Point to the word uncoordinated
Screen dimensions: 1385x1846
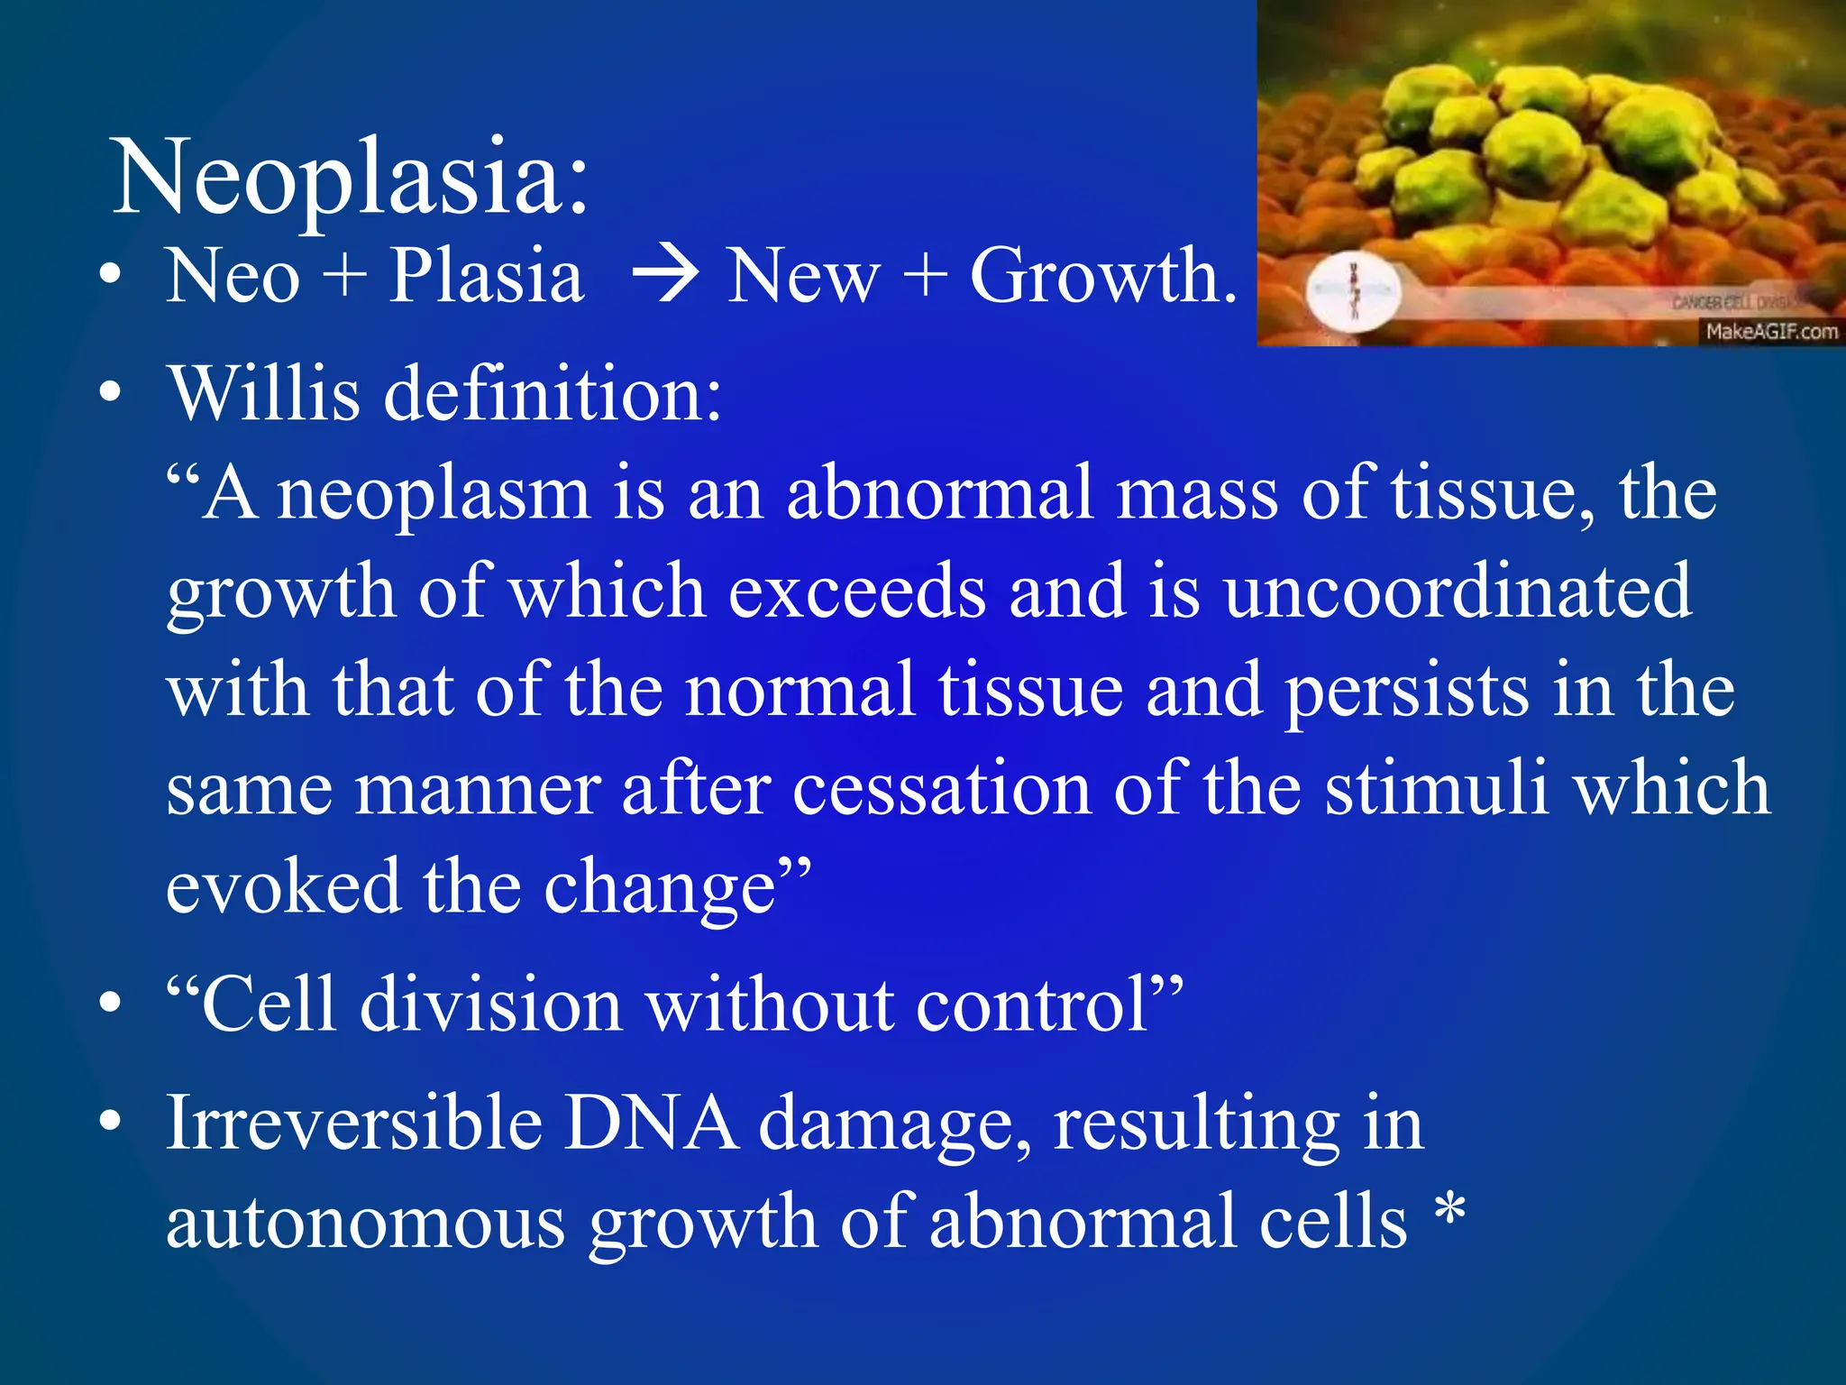pyautogui.click(x=1457, y=592)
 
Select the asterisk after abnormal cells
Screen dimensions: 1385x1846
pyautogui.click(x=1449, y=1212)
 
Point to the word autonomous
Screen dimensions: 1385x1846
pyautogui.click(x=366, y=1223)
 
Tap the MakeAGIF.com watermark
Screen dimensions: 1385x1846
pyautogui.click(x=1771, y=332)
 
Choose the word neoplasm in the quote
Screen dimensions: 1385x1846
pyautogui.click(x=433, y=494)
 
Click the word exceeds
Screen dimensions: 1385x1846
pyautogui.click(x=856, y=592)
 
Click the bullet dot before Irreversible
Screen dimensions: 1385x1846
pyautogui.click(x=110, y=1122)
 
